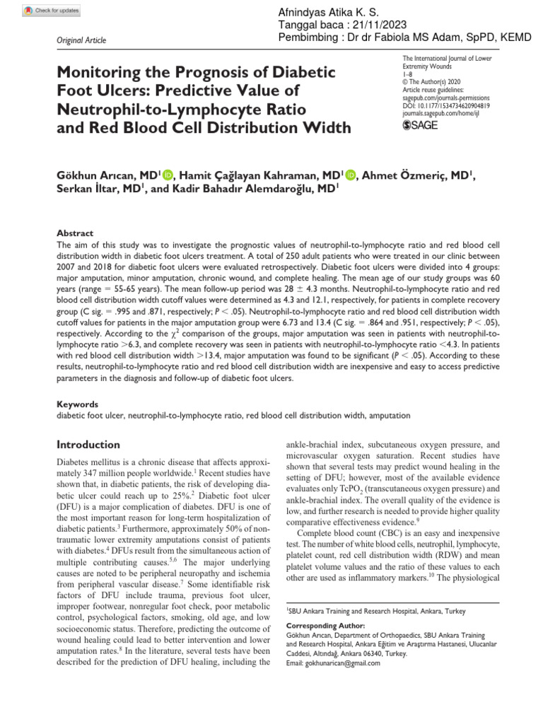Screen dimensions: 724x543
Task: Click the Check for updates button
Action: pos(52,11)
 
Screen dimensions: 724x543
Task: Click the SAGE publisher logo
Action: pos(420,125)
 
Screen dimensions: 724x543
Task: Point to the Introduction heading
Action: pos(88,445)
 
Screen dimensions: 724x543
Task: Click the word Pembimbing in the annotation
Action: pos(304,37)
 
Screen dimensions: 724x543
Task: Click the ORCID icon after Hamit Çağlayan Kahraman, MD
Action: pos(351,175)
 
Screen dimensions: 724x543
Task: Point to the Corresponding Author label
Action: pos(325,626)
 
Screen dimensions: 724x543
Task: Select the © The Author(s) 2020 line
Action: pos(433,82)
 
